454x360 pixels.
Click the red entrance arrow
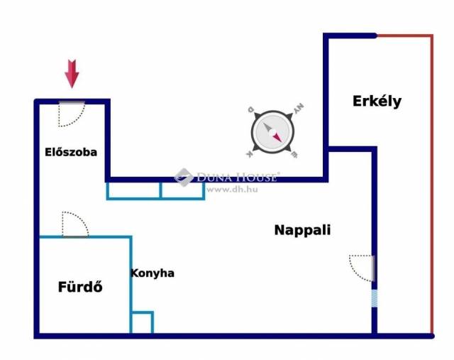72,74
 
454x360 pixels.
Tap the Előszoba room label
71,152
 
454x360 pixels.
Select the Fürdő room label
80,287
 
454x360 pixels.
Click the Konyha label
153,273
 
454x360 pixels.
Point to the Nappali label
302,230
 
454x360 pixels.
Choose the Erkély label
377,102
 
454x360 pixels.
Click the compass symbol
272,132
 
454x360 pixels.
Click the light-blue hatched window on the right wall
375,298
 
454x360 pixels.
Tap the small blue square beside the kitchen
142,322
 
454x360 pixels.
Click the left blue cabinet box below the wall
133,190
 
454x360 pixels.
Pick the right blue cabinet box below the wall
182,190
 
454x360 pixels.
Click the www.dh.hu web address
232,190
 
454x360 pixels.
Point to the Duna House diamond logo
184,177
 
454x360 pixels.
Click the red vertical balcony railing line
432,185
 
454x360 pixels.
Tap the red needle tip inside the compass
281,142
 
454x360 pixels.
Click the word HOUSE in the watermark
255,177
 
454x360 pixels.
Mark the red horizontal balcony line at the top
404,36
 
